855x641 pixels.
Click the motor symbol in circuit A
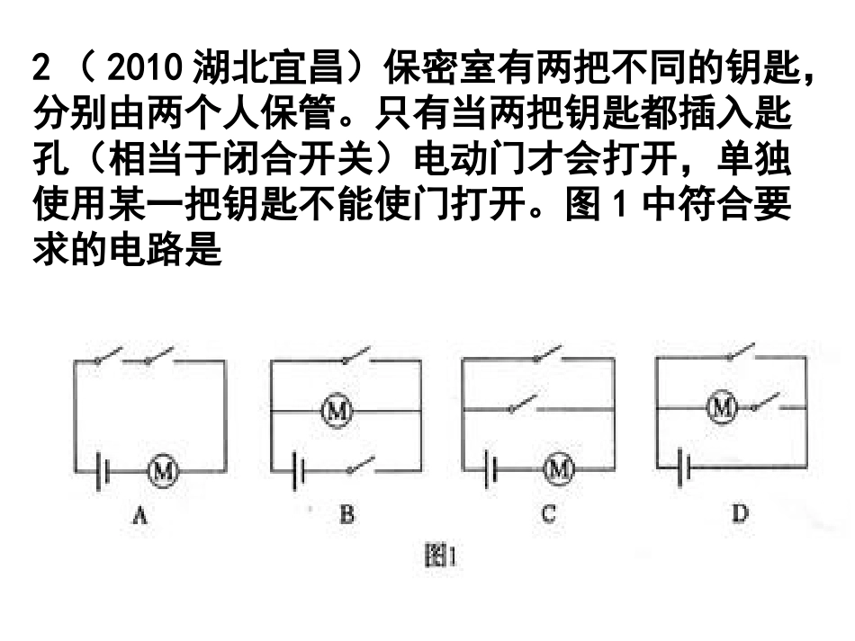coord(164,469)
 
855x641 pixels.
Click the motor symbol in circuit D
coord(721,407)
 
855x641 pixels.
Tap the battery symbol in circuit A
coord(104,469)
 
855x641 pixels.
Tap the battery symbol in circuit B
coord(300,469)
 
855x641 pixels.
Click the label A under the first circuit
coord(139,515)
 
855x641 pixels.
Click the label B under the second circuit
coord(346,515)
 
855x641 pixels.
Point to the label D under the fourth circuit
coord(740,514)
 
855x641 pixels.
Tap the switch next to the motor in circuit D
coord(767,402)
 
